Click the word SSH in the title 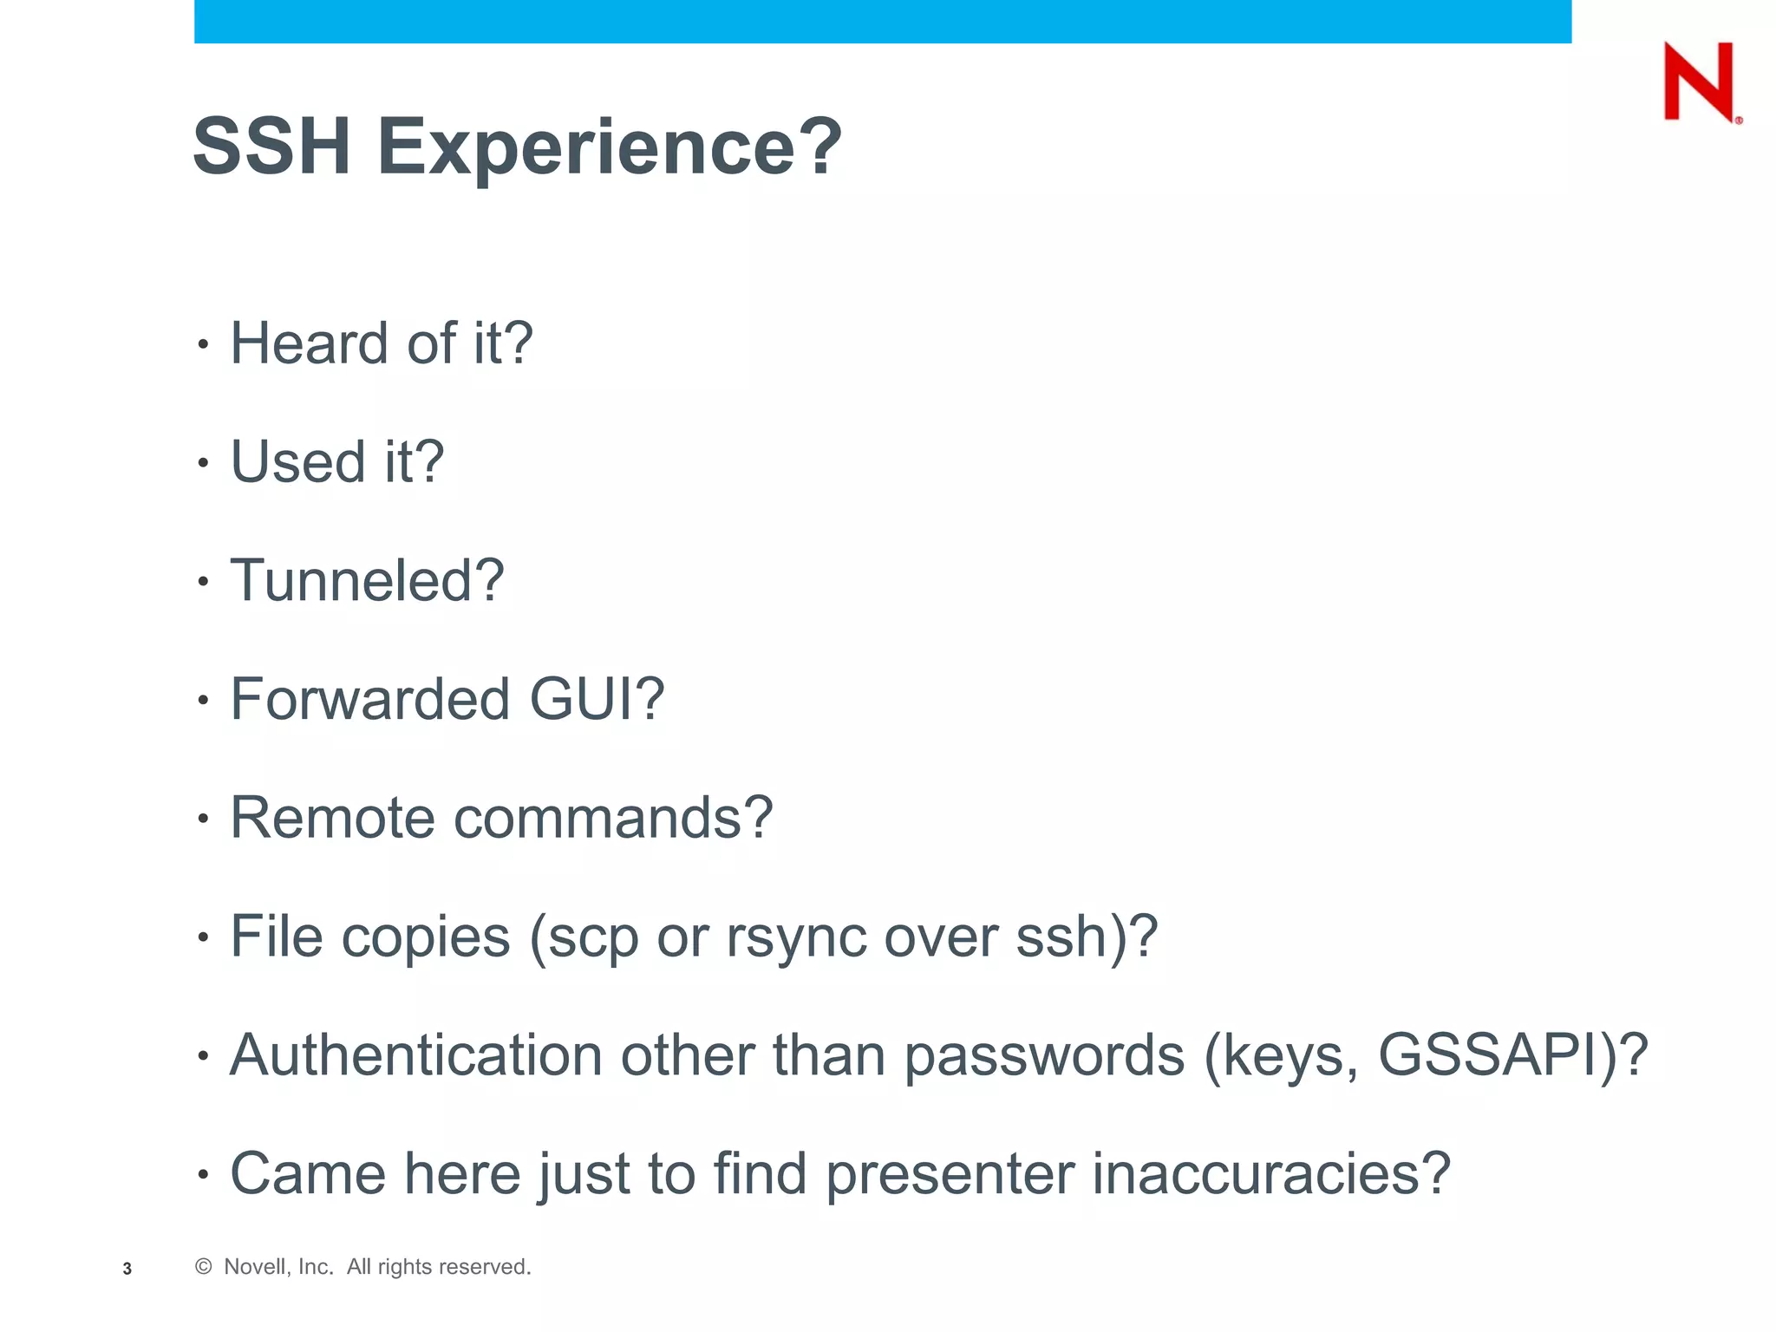271,147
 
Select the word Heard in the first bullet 309,343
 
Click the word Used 297,461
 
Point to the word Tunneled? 367,580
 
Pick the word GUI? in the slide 597,699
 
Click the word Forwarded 369,699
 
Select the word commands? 613,818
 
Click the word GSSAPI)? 1512,1055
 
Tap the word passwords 1044,1057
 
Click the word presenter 949,1176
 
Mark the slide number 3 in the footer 127,1269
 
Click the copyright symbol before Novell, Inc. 204,1267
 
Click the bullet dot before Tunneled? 203,582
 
